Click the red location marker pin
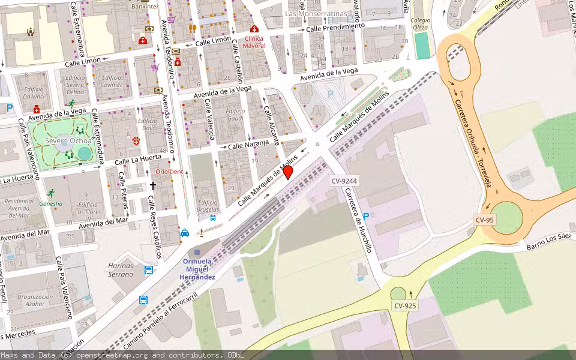point(288,172)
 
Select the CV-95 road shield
point(485,220)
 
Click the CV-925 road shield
point(405,306)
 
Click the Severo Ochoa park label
point(64,141)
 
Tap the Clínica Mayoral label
point(254,42)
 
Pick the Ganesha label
point(51,203)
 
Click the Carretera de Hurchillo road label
point(358,220)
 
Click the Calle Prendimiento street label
point(335,28)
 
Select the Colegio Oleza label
point(421,23)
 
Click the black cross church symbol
point(152,186)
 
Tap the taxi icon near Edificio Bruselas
point(185,233)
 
